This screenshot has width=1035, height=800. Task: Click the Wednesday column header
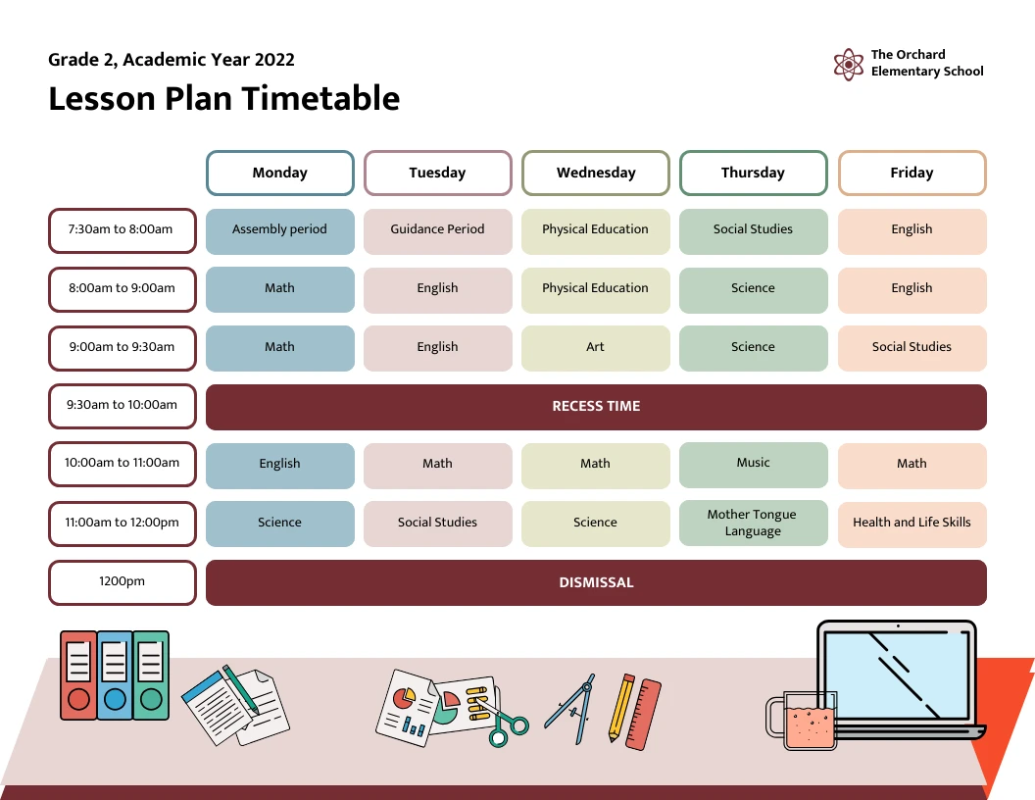596,173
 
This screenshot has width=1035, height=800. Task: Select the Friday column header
912,173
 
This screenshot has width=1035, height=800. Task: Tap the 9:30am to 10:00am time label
123,405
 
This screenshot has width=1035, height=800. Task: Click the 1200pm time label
123,581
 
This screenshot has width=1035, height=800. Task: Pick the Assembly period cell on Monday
279,229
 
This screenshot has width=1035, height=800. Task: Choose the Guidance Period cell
437,229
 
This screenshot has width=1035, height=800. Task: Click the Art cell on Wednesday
596,347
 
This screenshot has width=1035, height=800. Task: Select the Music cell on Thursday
753,463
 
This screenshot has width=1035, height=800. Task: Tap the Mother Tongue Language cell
753,523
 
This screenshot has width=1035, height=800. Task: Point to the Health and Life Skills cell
912,523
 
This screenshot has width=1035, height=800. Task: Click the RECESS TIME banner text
596,406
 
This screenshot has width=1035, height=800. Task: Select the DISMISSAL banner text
596,582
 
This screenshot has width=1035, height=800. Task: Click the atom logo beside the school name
849,65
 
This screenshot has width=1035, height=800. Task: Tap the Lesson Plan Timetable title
224,99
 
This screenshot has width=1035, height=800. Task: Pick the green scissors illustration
508,726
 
